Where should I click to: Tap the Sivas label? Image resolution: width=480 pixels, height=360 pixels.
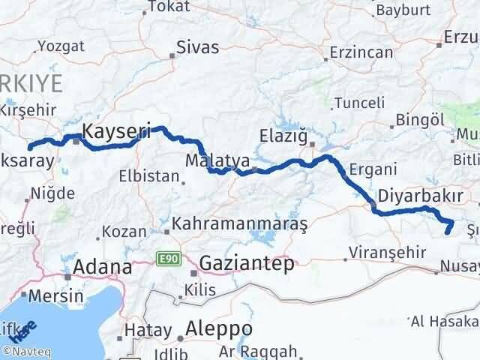[x=197, y=47]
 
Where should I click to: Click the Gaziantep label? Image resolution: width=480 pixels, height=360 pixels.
[x=247, y=263]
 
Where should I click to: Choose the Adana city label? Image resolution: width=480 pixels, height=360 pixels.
[x=103, y=267]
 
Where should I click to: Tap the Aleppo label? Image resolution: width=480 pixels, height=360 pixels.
[x=219, y=329]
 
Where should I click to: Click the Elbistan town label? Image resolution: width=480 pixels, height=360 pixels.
[x=149, y=177]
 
